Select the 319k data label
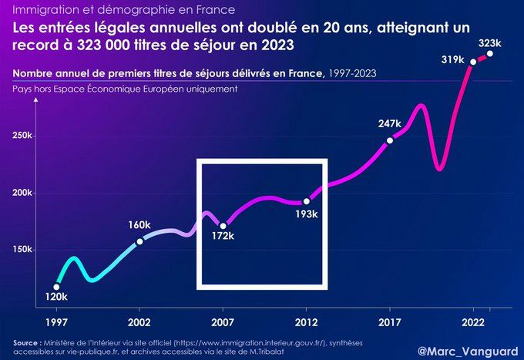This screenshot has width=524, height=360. click(453, 59)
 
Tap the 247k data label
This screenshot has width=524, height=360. click(390, 123)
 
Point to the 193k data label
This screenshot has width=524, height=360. click(307, 214)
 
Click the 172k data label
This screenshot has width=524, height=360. click(223, 234)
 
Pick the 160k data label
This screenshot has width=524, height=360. click(139, 226)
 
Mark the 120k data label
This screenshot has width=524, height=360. click(56, 297)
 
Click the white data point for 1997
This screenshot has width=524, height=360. click(56, 287)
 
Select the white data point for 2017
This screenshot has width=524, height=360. click(390, 140)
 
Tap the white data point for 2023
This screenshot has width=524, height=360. click(490, 53)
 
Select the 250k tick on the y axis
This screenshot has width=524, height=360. click(24, 136)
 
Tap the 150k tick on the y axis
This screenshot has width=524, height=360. click(24, 250)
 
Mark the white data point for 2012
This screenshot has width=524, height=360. click(307, 202)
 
